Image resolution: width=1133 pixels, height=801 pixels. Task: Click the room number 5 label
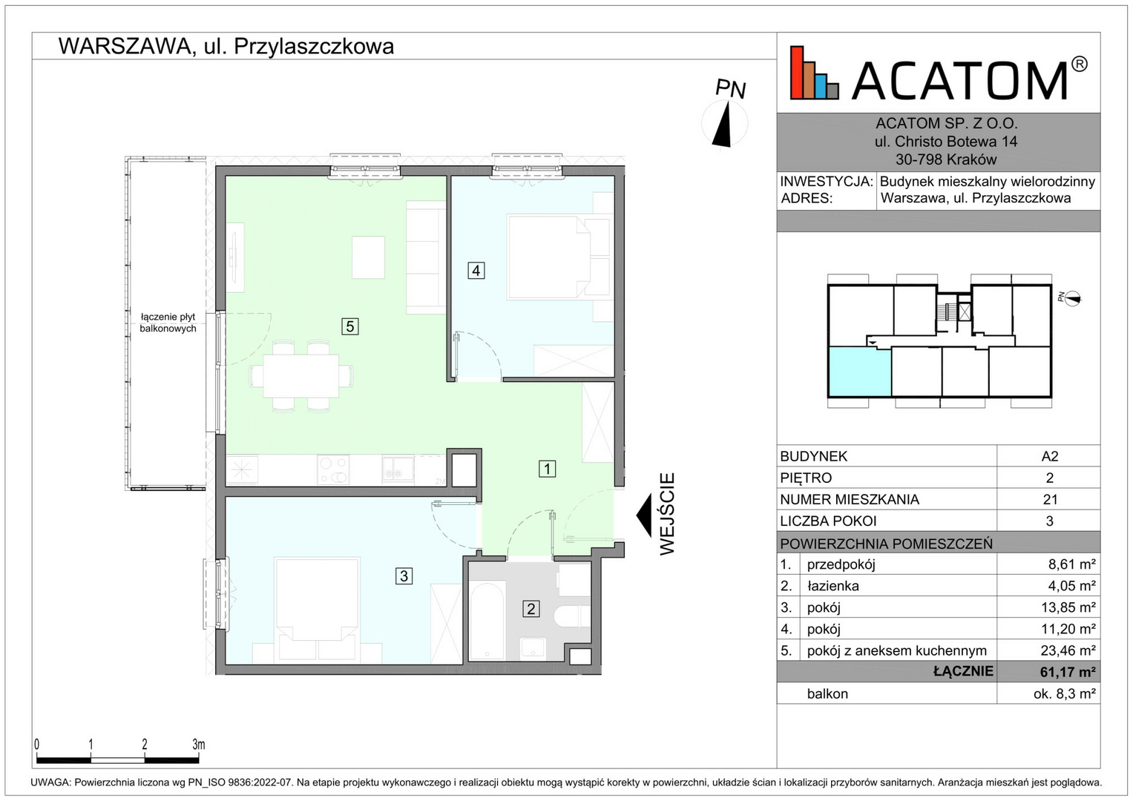[350, 326]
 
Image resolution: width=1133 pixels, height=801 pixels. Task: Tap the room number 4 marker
[476, 271]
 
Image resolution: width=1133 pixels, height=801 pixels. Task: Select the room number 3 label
[404, 576]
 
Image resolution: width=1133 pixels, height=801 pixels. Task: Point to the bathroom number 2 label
[531, 608]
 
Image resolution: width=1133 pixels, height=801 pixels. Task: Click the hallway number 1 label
[547, 469]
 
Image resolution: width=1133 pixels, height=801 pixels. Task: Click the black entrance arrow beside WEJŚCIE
[643, 515]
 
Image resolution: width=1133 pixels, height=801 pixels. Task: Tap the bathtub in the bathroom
[487, 621]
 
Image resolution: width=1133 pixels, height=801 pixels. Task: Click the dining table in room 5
[301, 376]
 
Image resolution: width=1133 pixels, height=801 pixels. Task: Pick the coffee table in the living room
[368, 257]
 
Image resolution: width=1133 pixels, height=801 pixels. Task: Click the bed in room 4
[549, 257]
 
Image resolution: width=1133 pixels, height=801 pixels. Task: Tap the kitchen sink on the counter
[398, 469]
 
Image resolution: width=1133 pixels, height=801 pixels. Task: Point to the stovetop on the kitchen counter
[333, 469]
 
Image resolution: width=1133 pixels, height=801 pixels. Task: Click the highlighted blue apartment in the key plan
[859, 372]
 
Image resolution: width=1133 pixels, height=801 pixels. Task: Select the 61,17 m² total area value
[1068, 671]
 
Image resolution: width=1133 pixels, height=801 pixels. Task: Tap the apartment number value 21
[1050, 500]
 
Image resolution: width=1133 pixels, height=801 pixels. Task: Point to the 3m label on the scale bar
[199, 745]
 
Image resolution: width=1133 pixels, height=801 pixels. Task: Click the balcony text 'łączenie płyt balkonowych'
[168, 323]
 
